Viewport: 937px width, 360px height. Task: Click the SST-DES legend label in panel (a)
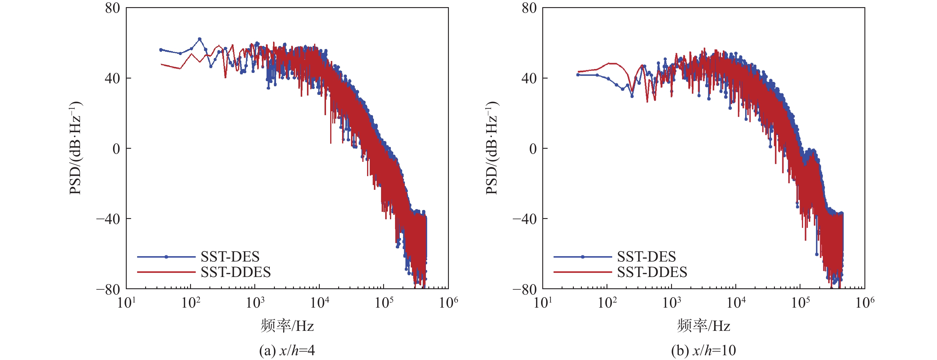click(x=230, y=257)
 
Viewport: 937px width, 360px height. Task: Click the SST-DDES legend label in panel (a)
click(x=235, y=272)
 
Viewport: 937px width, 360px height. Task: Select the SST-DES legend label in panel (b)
click(x=646, y=257)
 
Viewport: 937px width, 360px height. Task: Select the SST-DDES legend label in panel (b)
click(x=652, y=272)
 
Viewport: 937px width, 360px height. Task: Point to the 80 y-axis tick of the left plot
click(x=112, y=8)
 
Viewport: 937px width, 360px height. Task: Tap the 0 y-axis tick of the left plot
click(x=116, y=148)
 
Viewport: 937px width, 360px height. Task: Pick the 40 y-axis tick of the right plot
click(x=529, y=78)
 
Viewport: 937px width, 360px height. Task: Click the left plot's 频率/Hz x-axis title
click(x=287, y=326)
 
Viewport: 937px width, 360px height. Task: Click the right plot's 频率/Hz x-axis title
click(x=703, y=326)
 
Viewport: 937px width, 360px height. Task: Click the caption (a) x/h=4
click(x=287, y=350)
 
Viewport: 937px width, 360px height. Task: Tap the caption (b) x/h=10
click(x=703, y=350)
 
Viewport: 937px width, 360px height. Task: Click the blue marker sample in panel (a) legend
click(x=166, y=257)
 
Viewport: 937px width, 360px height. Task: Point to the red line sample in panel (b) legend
click(x=583, y=272)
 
